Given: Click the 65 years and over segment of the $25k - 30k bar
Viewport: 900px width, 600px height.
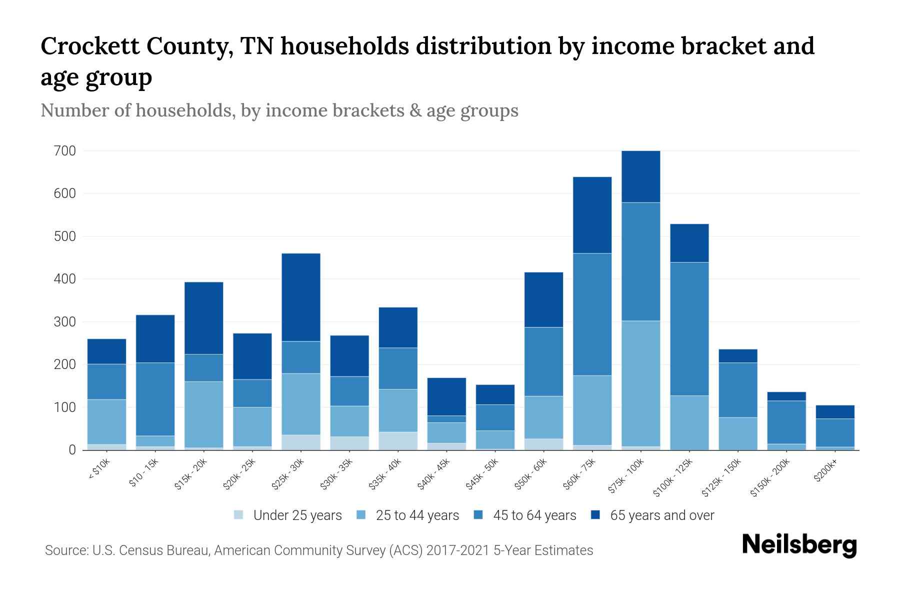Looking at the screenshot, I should [301, 297].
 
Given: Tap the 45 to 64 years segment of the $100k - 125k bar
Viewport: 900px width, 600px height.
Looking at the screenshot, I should [689, 328].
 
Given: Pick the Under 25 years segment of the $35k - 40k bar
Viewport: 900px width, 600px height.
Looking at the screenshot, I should [398, 440].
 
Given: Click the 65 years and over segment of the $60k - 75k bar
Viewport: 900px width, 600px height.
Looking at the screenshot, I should [592, 215].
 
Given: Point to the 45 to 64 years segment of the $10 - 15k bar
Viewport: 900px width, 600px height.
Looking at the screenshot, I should [155, 399].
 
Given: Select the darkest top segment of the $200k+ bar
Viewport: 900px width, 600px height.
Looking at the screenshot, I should [835, 411].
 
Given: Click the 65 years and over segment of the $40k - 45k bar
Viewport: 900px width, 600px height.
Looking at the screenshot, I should [446, 396].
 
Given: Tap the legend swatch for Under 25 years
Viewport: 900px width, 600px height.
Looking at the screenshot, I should [239, 515].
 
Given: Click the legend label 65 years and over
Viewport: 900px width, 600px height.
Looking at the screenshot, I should [662, 515].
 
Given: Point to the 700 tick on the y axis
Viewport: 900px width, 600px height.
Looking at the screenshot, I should [65, 150].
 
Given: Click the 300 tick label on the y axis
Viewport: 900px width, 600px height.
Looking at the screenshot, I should [65, 321].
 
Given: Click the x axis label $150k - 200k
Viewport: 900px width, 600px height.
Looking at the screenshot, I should [770, 477].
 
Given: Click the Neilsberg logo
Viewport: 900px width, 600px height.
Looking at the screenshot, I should [799, 545].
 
